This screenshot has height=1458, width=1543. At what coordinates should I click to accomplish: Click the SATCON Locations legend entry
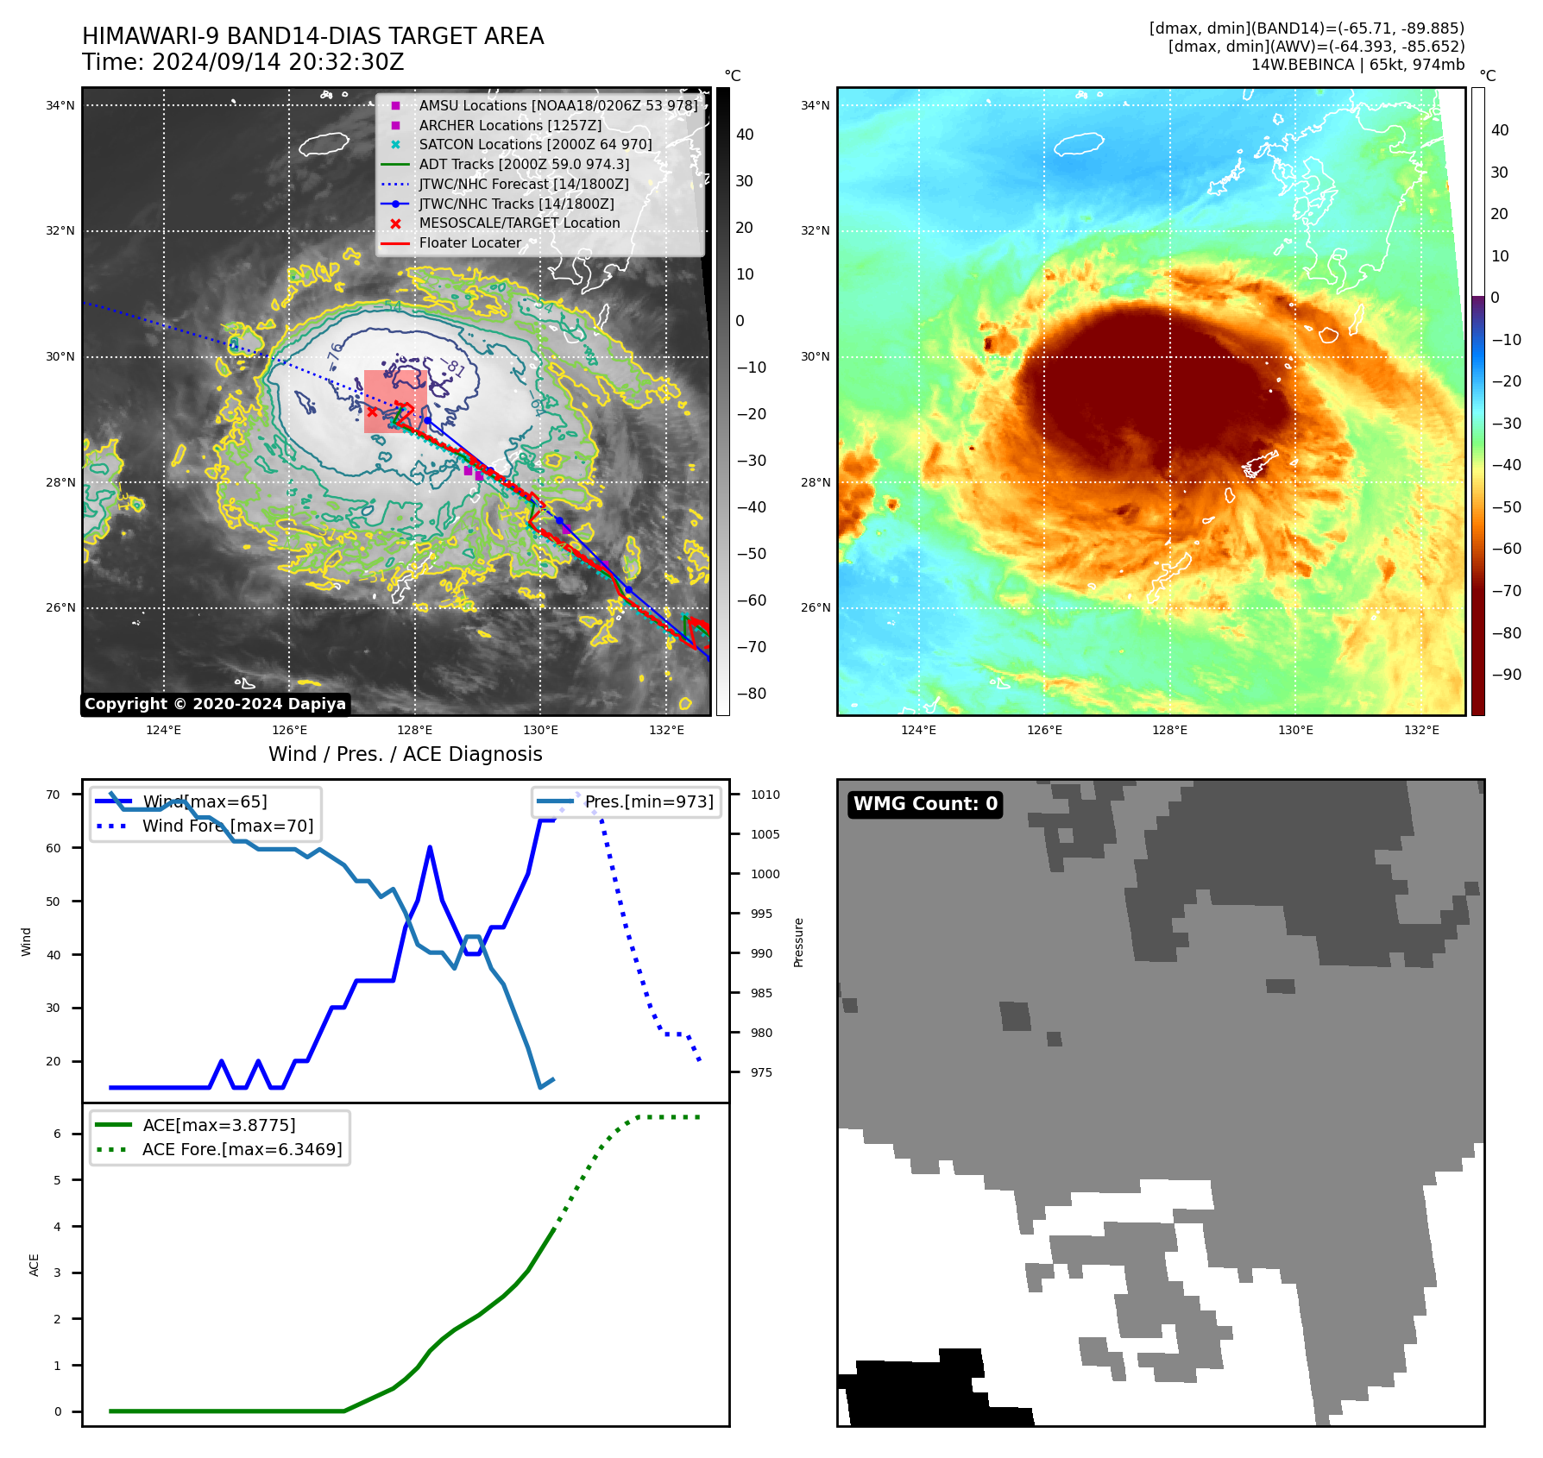pos(535,144)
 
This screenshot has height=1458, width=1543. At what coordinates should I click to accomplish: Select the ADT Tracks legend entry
pos(524,164)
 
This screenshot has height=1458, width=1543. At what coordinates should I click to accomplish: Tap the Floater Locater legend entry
pos(470,242)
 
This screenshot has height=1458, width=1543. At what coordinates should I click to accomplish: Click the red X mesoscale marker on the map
pos(372,412)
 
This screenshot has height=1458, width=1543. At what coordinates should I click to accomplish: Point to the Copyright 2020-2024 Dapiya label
pos(215,704)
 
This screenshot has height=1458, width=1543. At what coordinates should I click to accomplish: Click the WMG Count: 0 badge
pos(925,804)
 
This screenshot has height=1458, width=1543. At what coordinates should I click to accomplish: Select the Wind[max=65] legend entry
pos(205,801)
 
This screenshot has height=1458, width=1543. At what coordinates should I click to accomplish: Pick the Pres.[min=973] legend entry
pos(649,801)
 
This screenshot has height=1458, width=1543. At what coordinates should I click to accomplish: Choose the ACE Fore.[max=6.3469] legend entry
pos(242,1149)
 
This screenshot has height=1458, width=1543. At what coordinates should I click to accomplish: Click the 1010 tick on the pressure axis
pos(765,795)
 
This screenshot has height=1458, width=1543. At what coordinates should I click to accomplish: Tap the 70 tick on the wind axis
pos(54,795)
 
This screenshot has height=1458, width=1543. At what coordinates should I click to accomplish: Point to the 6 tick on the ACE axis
pos(58,1134)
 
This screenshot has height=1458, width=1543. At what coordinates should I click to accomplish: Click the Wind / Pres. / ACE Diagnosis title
pos(406,754)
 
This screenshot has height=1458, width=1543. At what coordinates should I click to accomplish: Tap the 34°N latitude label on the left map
pos(60,106)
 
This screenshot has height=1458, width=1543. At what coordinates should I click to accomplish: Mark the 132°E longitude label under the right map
pos(1421,730)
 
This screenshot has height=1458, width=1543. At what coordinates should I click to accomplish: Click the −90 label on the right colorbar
pos(1507,675)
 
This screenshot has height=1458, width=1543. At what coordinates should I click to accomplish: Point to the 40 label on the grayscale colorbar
pos(745,135)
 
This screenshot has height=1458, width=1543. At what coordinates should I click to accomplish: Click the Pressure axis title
pos(798,942)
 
